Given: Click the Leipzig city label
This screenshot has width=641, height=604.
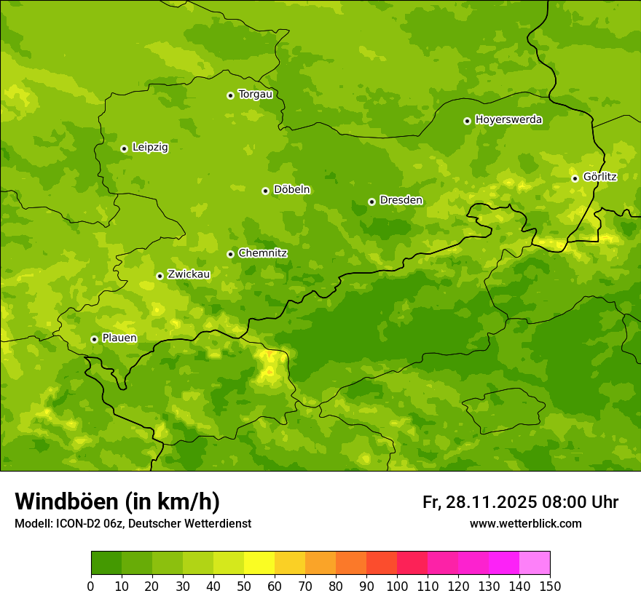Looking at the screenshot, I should tap(150, 148).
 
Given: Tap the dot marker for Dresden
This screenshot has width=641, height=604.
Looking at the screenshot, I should tap(371, 202).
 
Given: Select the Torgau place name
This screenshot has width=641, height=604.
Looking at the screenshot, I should tap(255, 95).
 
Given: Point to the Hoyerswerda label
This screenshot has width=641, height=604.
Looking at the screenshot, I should tap(508, 120).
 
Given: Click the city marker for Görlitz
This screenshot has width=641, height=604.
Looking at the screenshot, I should tap(575, 178).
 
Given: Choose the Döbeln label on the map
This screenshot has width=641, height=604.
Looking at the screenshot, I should tap(291, 190).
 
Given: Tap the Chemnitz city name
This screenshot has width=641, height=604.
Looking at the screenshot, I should tap(262, 253).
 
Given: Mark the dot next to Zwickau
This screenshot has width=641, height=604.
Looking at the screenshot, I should tap(160, 276).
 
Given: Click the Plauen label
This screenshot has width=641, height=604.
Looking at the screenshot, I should tap(119, 338).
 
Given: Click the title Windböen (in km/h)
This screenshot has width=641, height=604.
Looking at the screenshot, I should tap(117, 501).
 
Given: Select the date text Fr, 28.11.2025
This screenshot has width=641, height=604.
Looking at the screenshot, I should tap(479, 502).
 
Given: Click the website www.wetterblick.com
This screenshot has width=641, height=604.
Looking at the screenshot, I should tap(525, 523).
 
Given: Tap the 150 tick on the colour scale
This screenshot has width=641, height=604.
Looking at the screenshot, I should tap(550, 586).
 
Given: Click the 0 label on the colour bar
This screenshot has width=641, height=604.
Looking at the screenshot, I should tap(91, 586).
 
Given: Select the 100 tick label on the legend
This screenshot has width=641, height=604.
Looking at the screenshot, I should tap(397, 586).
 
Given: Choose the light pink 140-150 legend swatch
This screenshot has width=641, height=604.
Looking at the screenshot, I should tap(535, 563).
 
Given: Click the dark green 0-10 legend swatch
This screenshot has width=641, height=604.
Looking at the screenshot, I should tap(106, 563).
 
